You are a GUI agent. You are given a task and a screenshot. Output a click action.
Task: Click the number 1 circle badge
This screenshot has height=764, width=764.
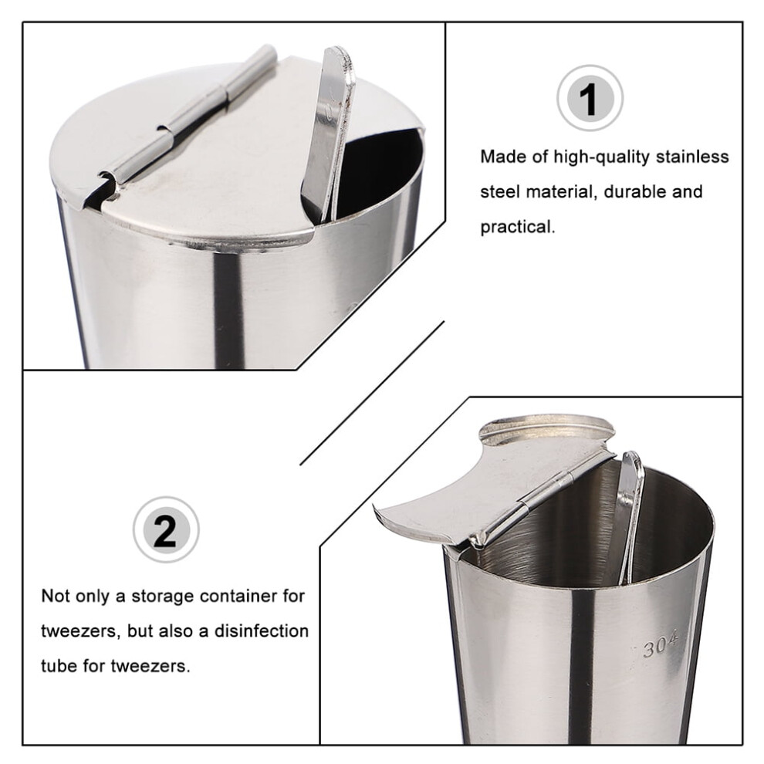pyautogui.click(x=590, y=98)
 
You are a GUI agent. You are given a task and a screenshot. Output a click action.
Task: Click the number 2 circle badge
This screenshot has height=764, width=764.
pyautogui.click(x=166, y=529)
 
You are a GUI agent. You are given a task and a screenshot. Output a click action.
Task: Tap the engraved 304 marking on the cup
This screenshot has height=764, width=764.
pyautogui.click(x=660, y=645)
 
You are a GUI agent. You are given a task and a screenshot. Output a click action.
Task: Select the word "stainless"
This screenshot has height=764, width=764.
pyautogui.click(x=692, y=157)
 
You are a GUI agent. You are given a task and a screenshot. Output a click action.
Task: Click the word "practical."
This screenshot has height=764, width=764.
pyautogui.click(x=518, y=228)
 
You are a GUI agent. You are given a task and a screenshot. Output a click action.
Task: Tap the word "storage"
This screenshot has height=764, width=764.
pyautogui.click(x=163, y=597)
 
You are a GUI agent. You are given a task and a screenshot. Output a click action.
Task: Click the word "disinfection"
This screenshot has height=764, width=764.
pyautogui.click(x=261, y=631)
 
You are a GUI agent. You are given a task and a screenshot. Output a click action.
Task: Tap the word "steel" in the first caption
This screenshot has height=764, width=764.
pyautogui.click(x=500, y=192)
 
